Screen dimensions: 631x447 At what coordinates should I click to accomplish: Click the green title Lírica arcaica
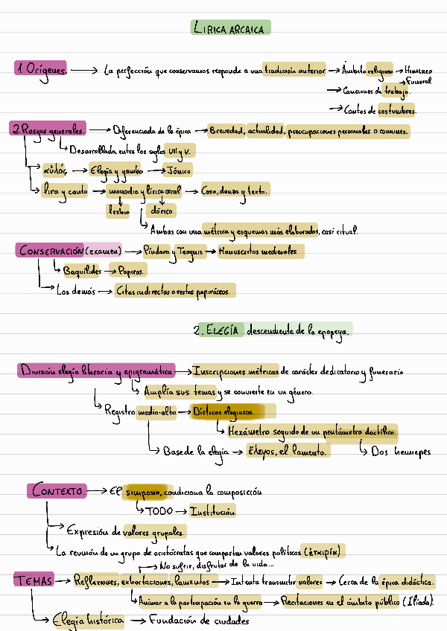click(231, 28)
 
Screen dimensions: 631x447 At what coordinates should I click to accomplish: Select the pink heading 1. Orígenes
click(42, 69)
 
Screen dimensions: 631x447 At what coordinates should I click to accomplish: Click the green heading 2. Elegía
click(218, 330)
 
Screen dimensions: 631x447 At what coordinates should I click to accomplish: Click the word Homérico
click(418, 71)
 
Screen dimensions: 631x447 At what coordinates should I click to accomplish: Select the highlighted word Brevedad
click(226, 131)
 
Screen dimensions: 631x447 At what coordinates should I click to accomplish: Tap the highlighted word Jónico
click(177, 170)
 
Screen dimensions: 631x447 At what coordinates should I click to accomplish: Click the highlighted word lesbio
click(118, 211)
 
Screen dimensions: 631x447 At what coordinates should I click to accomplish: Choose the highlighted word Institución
click(212, 512)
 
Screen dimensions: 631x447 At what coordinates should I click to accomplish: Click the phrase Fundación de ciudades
click(199, 620)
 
